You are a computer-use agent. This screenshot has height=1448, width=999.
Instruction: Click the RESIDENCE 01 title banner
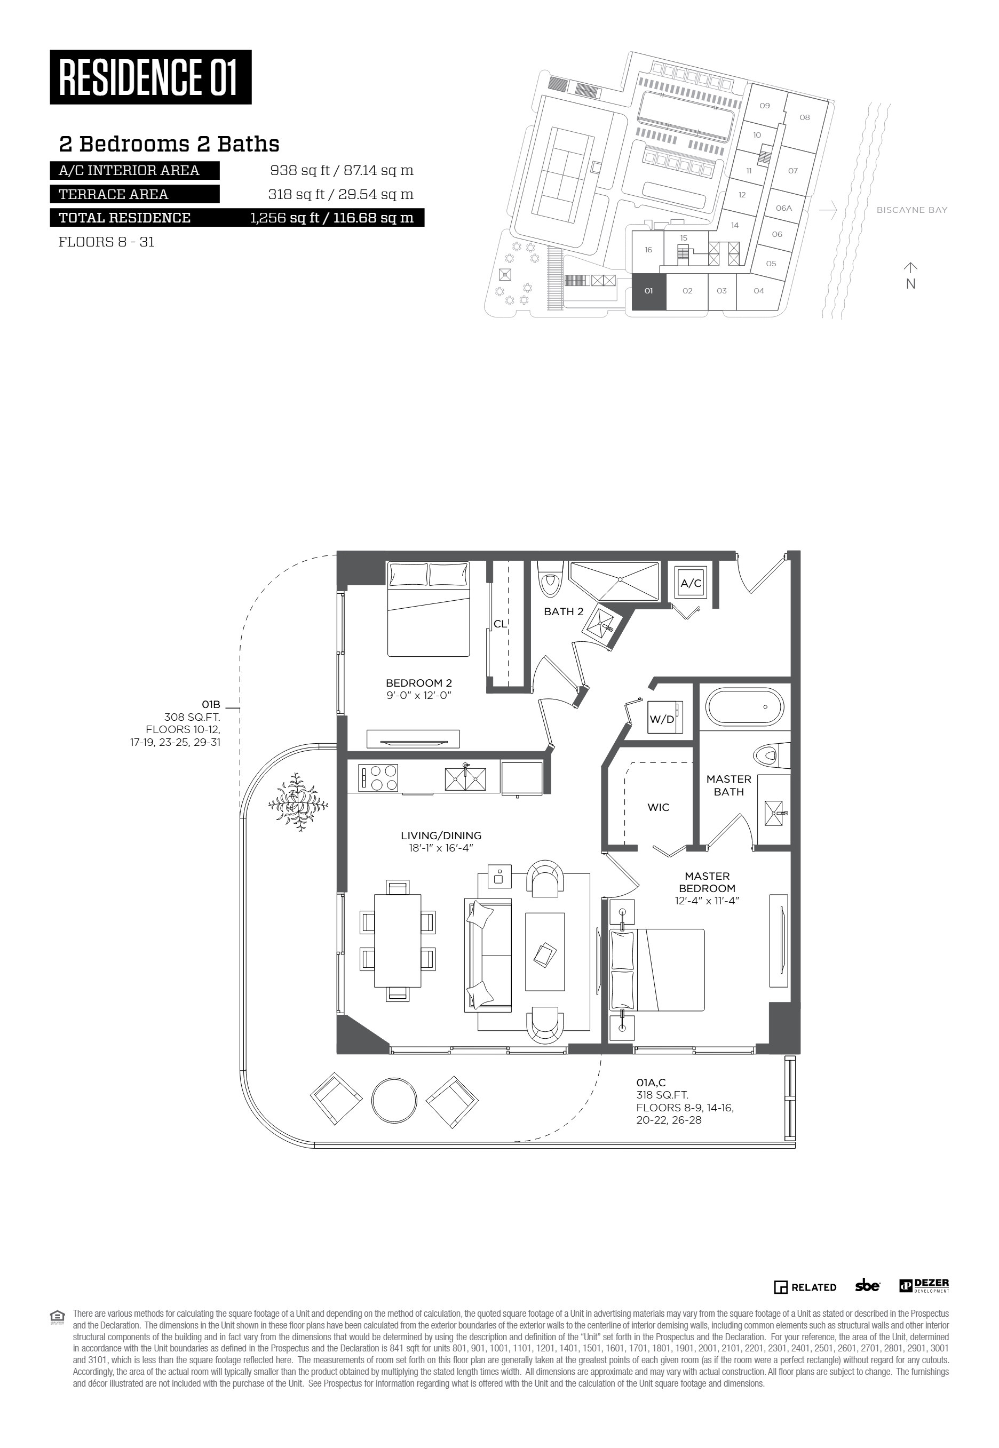150,77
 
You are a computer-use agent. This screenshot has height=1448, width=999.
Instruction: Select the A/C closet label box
691,583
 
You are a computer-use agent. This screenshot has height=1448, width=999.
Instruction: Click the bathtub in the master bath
744,706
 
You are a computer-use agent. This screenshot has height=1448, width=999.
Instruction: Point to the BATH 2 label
564,611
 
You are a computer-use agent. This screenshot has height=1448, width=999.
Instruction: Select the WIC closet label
658,807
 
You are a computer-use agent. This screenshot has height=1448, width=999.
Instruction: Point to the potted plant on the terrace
298,803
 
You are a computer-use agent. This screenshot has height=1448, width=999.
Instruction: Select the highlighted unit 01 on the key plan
648,291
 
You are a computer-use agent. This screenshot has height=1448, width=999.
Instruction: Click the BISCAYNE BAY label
911,210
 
